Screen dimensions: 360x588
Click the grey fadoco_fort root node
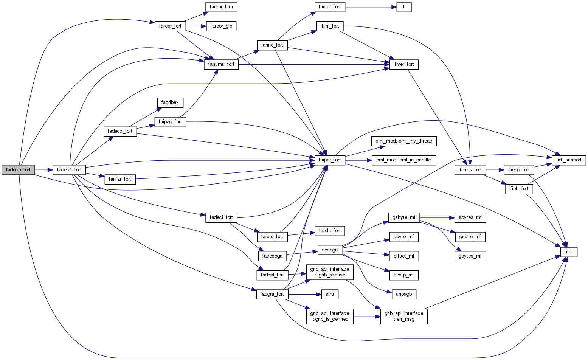coord(18,170)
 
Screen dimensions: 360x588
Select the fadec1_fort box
coord(69,170)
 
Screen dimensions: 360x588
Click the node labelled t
coord(404,7)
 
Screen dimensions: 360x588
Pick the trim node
coord(568,252)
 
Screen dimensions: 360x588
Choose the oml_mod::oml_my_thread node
coord(404,141)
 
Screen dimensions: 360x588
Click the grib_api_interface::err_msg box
coord(404,316)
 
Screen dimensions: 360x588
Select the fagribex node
coord(170,102)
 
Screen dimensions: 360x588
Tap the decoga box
coord(330,250)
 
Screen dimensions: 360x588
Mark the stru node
coord(329,294)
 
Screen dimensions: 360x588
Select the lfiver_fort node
coord(403,64)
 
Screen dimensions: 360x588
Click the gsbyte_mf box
coord(404,218)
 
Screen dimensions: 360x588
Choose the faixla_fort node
coord(329,230)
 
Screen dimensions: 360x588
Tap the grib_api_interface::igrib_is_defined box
coord(330,316)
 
